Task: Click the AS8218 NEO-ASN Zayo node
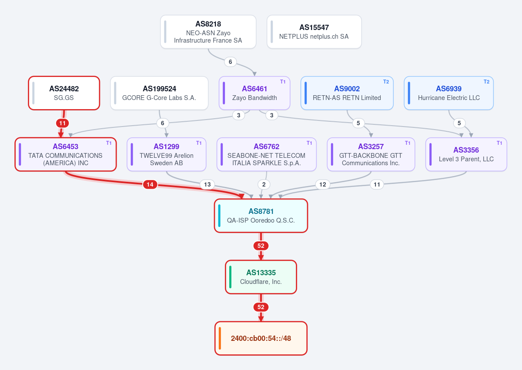coord(208,32)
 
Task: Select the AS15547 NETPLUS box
coord(314,32)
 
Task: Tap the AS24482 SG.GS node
coord(64,93)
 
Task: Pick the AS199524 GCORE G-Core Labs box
coord(159,93)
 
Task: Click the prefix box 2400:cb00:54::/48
coord(261,338)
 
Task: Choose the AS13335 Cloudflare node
coord(261,277)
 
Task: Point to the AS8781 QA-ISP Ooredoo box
coord(261,216)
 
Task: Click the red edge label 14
coord(150,185)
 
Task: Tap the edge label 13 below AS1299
coord(207,185)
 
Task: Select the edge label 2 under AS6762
coord(264,185)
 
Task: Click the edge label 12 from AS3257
coord(322,185)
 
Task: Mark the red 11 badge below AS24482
coord(63,123)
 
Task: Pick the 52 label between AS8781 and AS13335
coord(261,246)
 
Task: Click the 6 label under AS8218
coord(230,62)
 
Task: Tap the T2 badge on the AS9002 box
coord(386,82)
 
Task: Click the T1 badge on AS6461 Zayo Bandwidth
coord(283,82)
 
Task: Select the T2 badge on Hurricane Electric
coord(487,82)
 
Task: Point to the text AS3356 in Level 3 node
coord(466,150)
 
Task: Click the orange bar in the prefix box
coord(220,338)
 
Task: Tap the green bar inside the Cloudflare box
coord(230,277)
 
